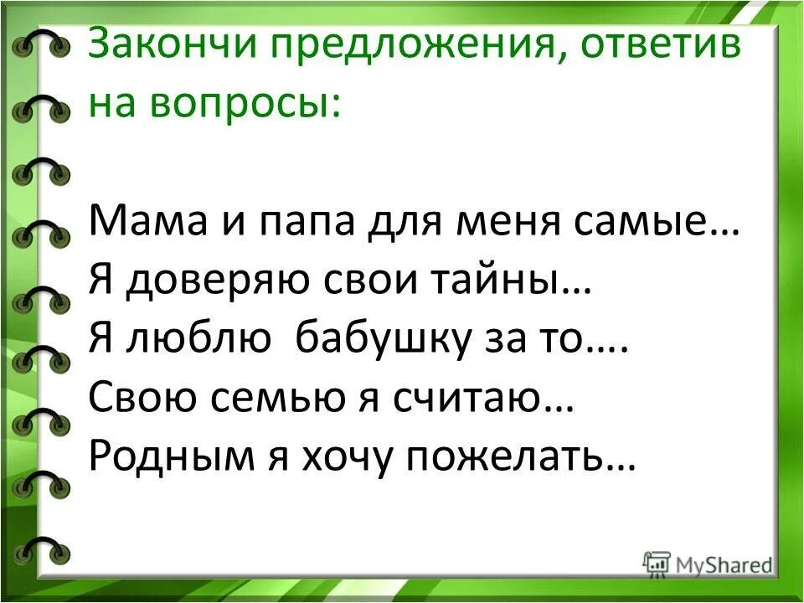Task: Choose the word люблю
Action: tap(201, 340)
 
